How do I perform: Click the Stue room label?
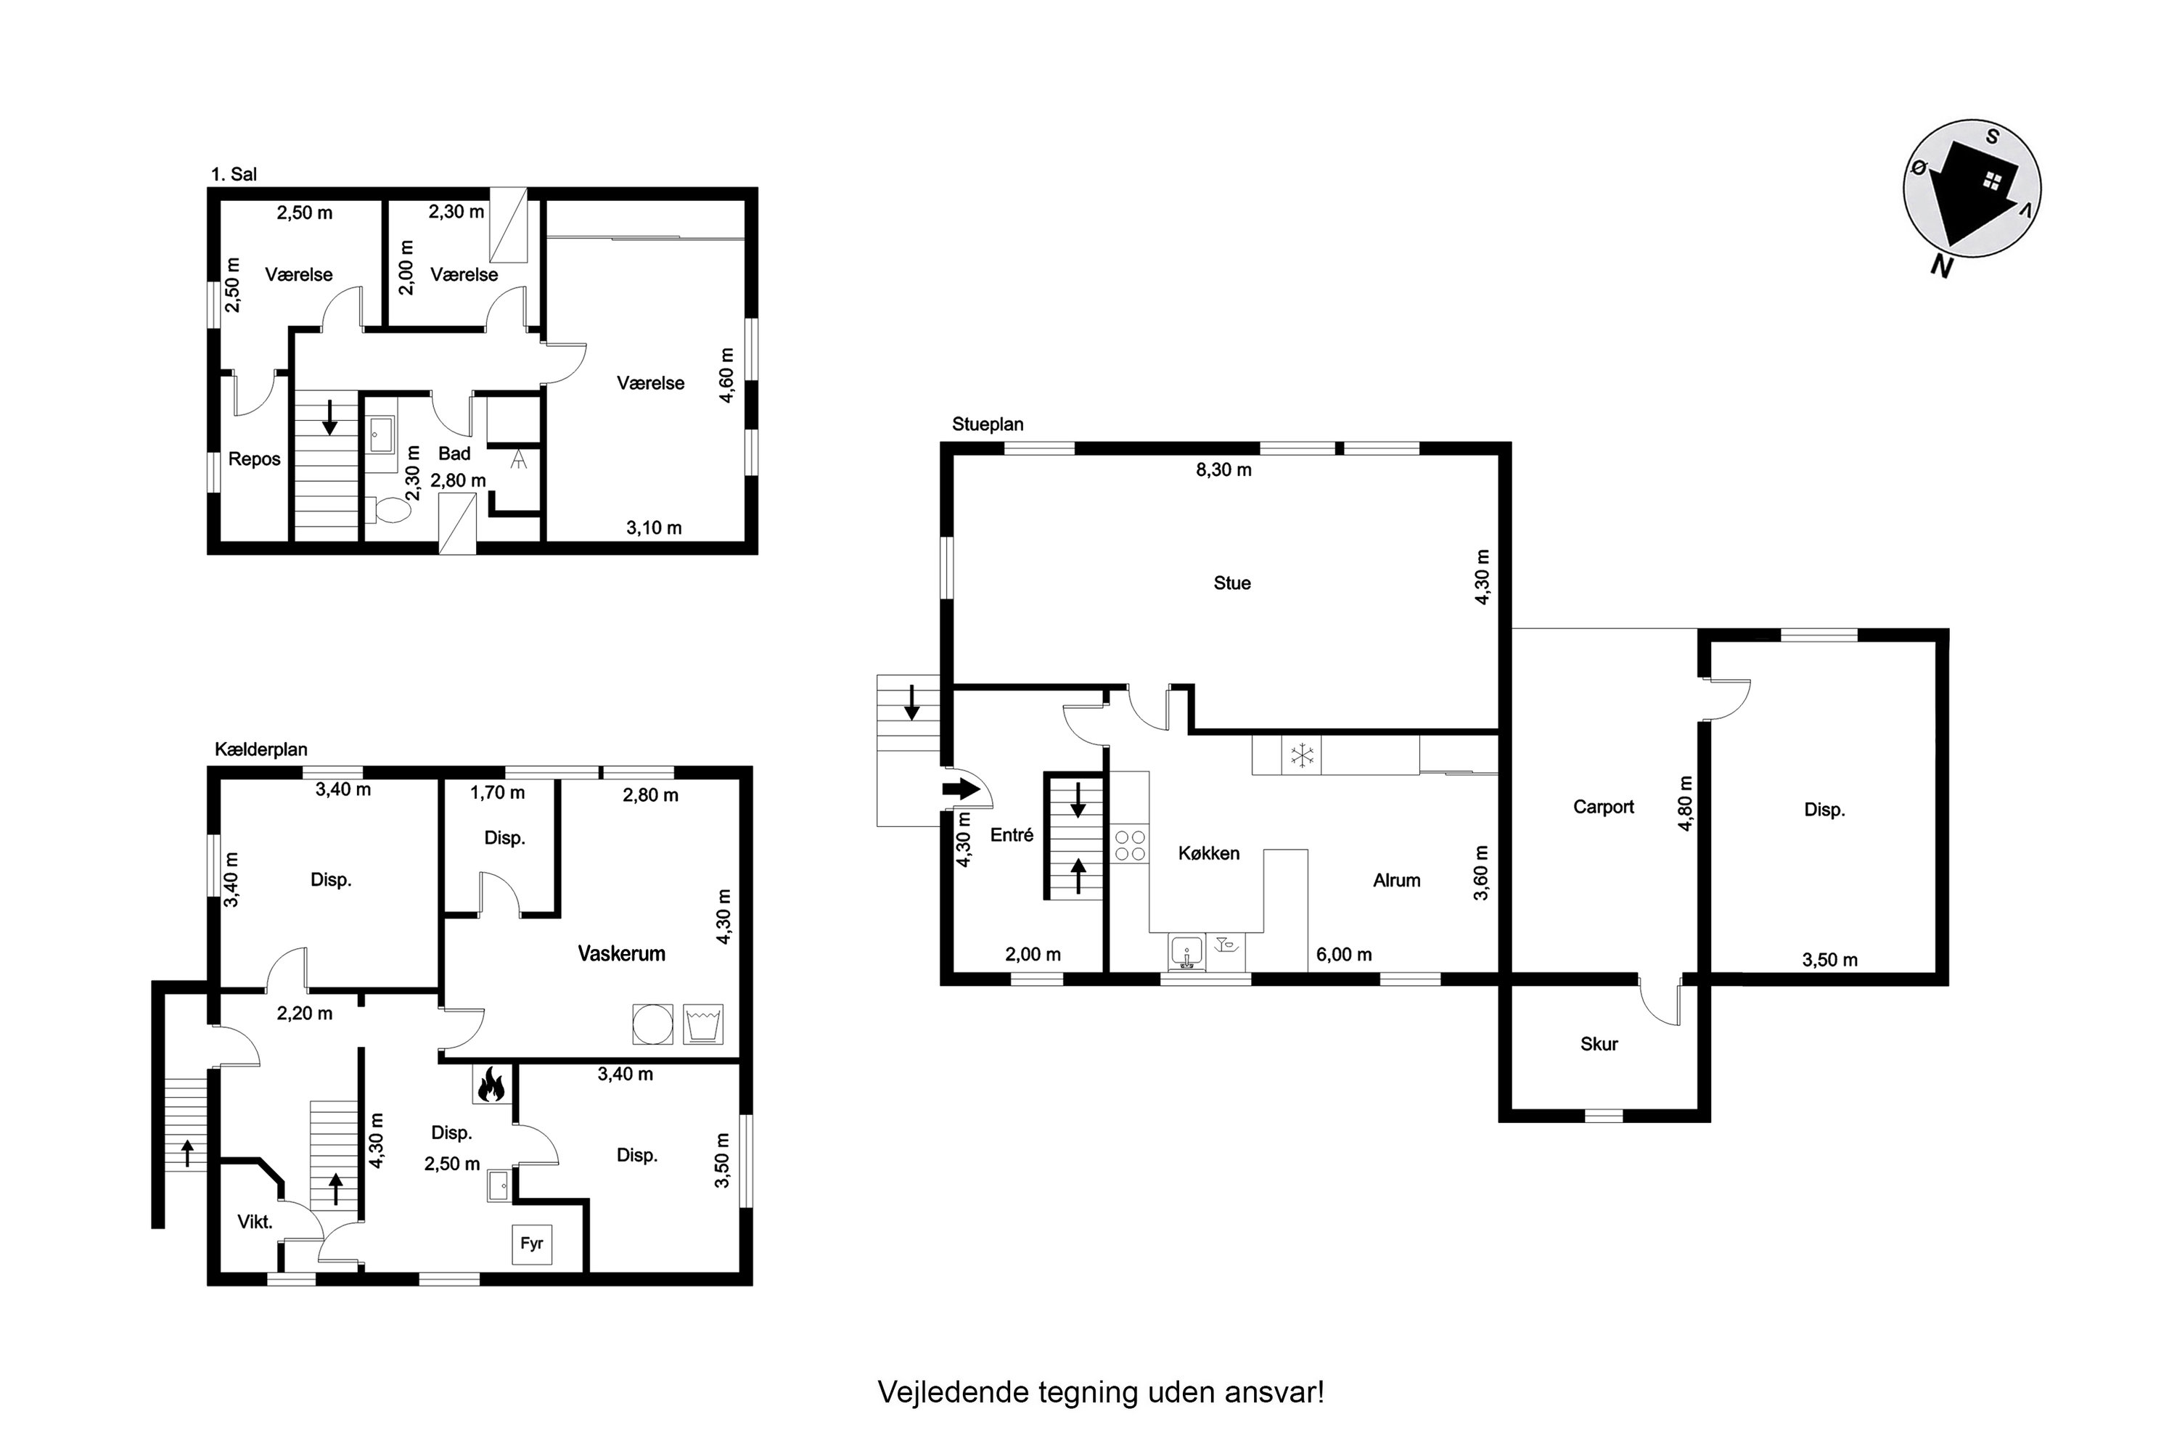(1232, 583)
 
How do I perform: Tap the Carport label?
(1603, 807)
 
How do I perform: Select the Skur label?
(1599, 1044)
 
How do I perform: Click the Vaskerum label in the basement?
(621, 953)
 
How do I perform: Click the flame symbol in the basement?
(491, 1085)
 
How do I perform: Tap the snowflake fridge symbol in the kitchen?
(1303, 755)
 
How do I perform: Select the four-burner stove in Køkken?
(1129, 845)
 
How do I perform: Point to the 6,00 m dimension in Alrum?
(1344, 954)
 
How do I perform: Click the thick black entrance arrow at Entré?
(961, 789)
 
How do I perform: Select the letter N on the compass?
(1942, 266)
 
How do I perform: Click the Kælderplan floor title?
(261, 749)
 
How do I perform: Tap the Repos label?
(255, 460)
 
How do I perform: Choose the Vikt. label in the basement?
(255, 1222)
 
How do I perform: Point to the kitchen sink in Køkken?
(1186, 951)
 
